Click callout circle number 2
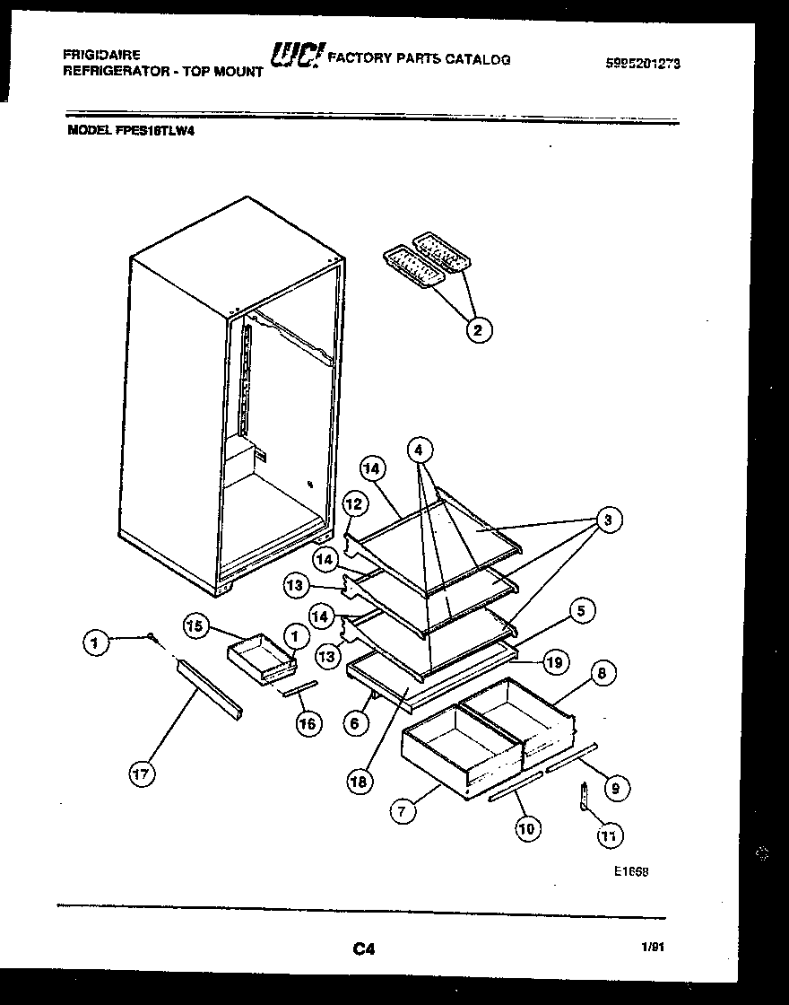pos(477,330)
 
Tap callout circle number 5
pos(580,612)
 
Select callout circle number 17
pos(143,774)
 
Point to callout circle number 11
pos(609,836)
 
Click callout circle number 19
pos(555,663)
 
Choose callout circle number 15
pos(195,625)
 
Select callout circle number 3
pos(608,520)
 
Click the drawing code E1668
pos(631,871)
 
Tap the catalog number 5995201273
pos(642,64)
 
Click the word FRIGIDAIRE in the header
pos(101,55)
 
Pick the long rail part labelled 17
pos(208,687)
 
